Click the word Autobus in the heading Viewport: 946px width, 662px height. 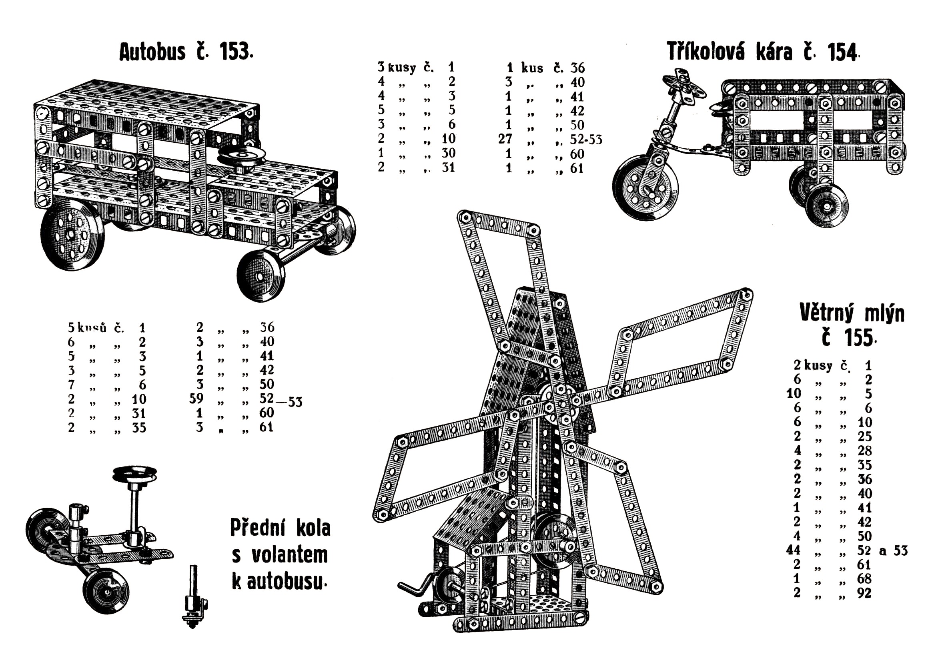point(152,52)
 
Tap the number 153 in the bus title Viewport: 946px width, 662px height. point(235,52)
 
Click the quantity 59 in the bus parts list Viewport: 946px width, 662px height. point(196,399)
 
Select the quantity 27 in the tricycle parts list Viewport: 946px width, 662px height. point(505,139)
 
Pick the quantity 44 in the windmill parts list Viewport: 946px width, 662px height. point(793,550)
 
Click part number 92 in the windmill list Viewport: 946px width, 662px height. point(864,593)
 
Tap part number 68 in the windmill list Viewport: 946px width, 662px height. point(864,579)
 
